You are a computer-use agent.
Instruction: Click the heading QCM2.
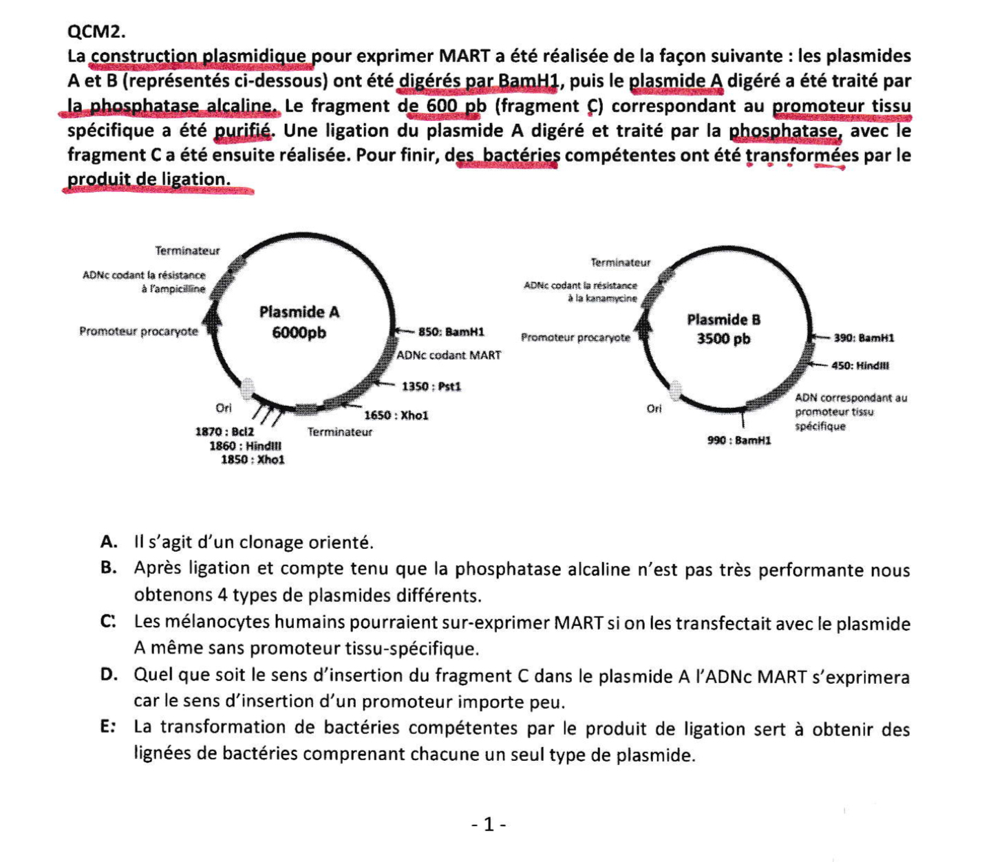[96, 32]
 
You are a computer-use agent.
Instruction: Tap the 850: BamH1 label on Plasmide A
[451, 332]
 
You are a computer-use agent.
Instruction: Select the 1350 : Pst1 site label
[431, 387]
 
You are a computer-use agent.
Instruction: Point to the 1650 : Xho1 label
[396, 416]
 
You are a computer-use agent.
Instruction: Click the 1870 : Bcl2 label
[225, 432]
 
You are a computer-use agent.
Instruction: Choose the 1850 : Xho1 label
[253, 460]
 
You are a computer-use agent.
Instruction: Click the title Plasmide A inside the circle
[299, 312]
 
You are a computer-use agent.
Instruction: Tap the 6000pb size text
[299, 333]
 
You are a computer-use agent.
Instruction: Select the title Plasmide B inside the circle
[724, 320]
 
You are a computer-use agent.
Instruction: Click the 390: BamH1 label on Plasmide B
[864, 338]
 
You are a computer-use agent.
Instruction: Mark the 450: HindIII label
[860, 365]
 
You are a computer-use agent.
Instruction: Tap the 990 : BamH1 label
[739, 440]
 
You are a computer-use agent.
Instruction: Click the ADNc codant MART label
[449, 355]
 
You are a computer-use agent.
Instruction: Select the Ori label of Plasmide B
[654, 409]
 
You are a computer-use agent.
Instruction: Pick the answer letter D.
[108, 675]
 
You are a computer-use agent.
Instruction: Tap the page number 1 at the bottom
[489, 824]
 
